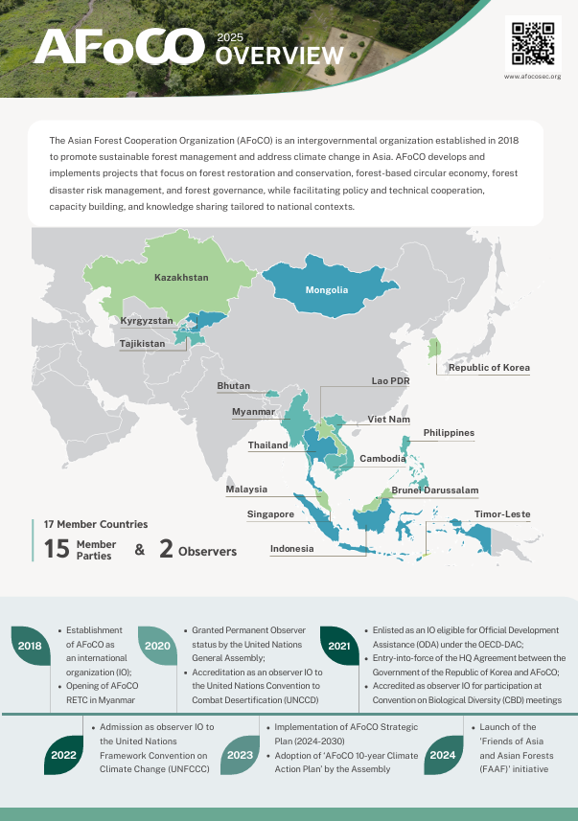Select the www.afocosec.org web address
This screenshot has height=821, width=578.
[532, 75]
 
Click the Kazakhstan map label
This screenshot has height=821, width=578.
[181, 278]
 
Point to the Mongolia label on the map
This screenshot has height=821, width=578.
[326, 290]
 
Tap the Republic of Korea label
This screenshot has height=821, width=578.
[489, 368]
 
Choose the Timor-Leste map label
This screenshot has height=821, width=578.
[502, 514]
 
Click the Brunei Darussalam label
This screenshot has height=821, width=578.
[434, 490]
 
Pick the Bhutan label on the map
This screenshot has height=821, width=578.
[234, 386]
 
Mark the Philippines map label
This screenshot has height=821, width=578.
[449, 433]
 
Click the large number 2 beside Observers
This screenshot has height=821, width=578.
[166, 550]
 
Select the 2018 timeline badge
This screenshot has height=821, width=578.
[29, 646]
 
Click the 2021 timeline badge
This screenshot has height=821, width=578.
[338, 646]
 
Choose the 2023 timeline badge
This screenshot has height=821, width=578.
[240, 754]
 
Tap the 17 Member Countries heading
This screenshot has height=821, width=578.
[96, 524]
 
